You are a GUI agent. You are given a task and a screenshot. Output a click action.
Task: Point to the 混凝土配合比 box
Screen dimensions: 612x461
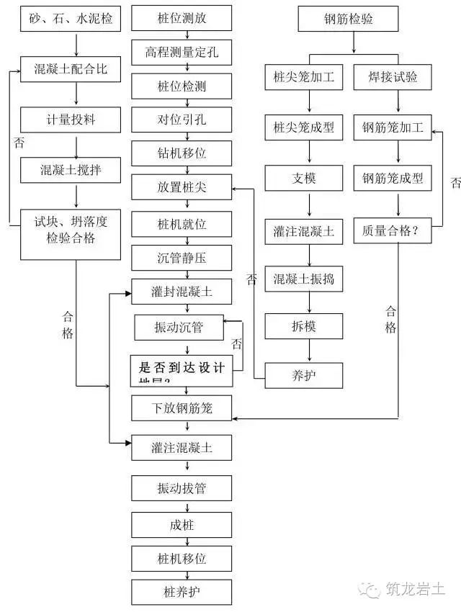(70, 70)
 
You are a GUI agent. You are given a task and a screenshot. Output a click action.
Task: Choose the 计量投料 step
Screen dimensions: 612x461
(70, 119)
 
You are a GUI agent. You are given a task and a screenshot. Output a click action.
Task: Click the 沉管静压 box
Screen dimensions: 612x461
(182, 258)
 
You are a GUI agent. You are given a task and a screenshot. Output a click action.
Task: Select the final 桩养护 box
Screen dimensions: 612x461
(182, 593)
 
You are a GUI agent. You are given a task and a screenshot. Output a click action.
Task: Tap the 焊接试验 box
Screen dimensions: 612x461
(393, 77)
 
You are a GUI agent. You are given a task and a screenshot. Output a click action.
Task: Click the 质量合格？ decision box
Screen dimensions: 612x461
(393, 231)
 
